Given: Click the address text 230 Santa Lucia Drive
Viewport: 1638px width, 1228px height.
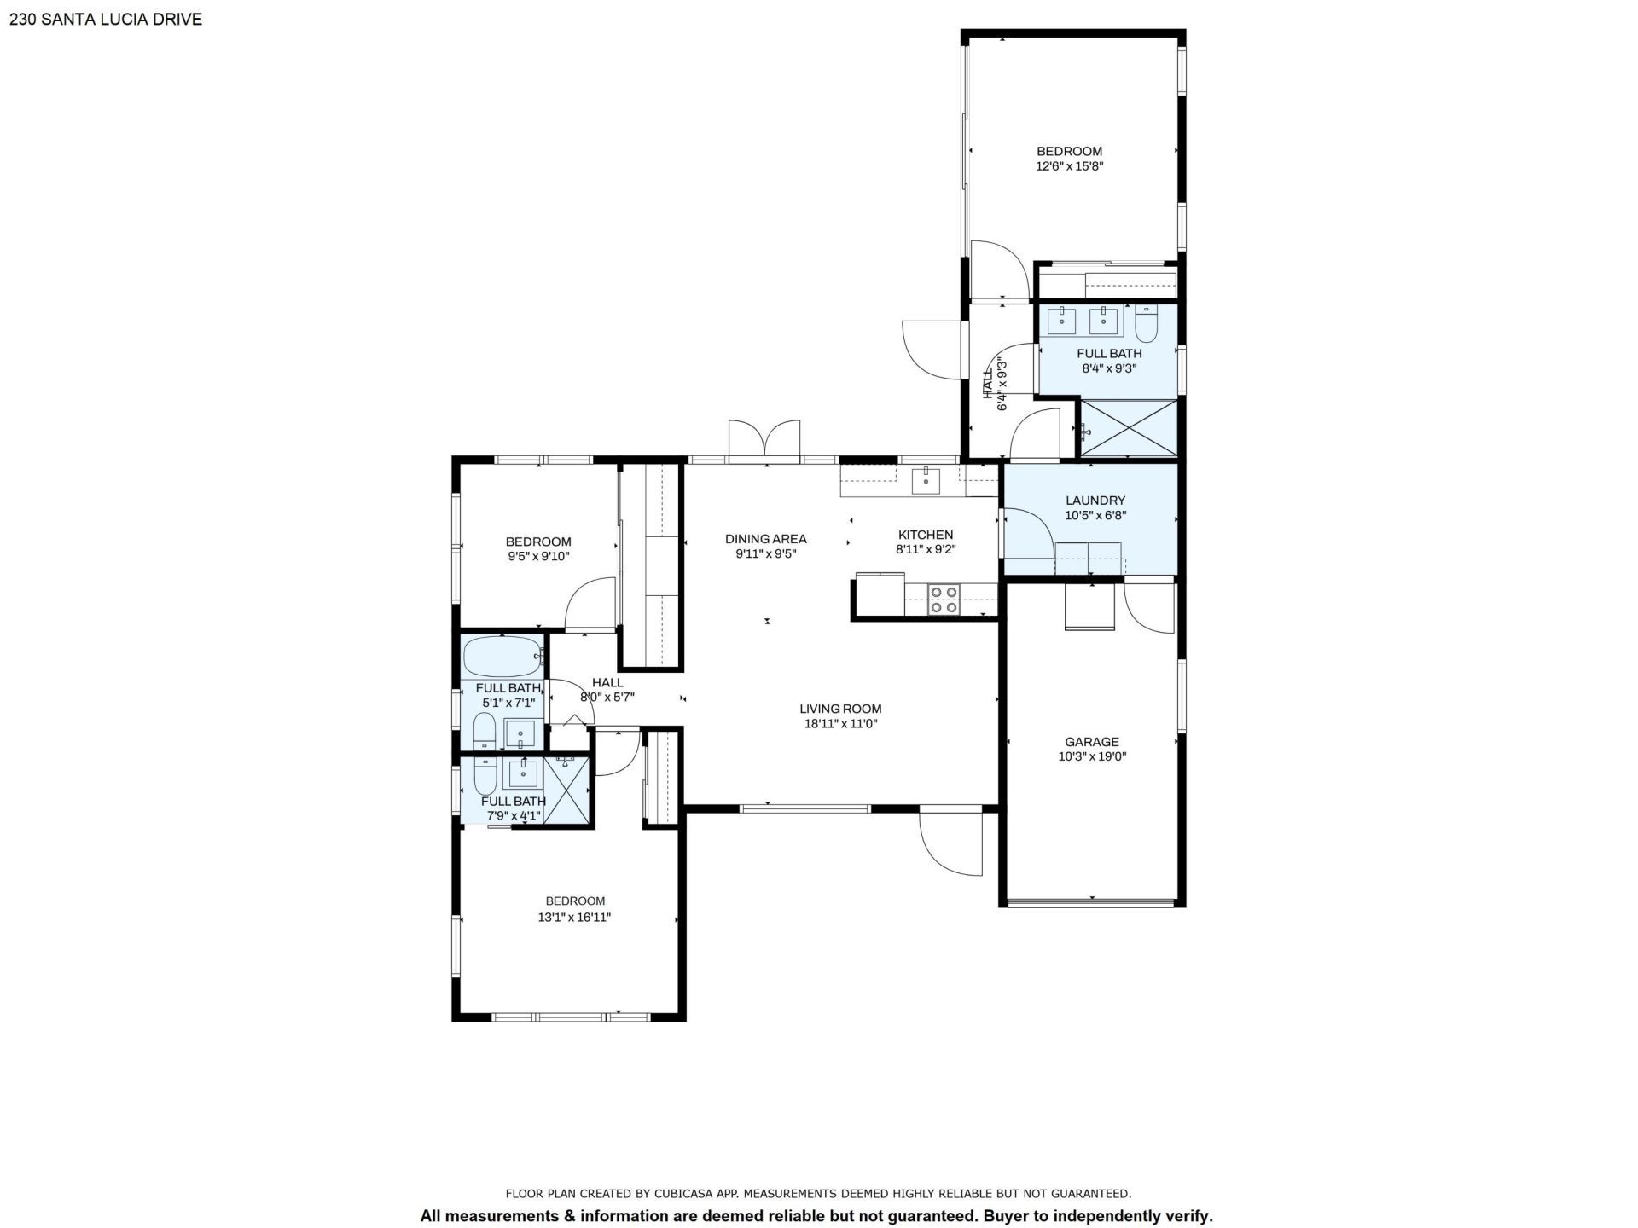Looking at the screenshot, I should click(x=106, y=19).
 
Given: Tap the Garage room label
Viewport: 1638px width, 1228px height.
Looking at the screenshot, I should click(x=1091, y=742).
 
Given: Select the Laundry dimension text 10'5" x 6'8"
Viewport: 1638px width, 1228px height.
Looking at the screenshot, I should click(x=1095, y=516).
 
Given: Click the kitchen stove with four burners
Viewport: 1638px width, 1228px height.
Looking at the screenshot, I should click(x=944, y=599).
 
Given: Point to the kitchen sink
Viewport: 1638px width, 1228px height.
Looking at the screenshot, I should click(x=926, y=481).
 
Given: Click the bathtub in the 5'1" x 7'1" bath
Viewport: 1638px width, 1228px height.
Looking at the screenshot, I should click(x=502, y=657).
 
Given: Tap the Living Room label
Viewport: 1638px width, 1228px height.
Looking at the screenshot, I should click(x=840, y=709).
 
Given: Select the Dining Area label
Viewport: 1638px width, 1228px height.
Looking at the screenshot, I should click(x=765, y=539).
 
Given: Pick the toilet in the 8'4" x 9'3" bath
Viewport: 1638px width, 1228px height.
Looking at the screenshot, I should click(x=1146, y=321).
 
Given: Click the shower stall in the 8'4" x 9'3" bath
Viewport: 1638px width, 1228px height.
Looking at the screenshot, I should click(x=1128, y=428).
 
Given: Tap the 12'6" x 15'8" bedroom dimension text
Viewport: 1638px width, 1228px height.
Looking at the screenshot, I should click(x=1069, y=167).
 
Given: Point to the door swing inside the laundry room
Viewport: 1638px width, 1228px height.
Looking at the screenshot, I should click(x=1028, y=533).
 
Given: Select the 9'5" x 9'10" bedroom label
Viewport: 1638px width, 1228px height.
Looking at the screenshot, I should click(x=537, y=542).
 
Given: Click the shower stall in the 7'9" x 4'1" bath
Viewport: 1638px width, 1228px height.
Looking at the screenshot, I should click(x=567, y=790).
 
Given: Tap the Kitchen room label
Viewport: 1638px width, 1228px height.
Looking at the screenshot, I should click(x=925, y=535).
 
